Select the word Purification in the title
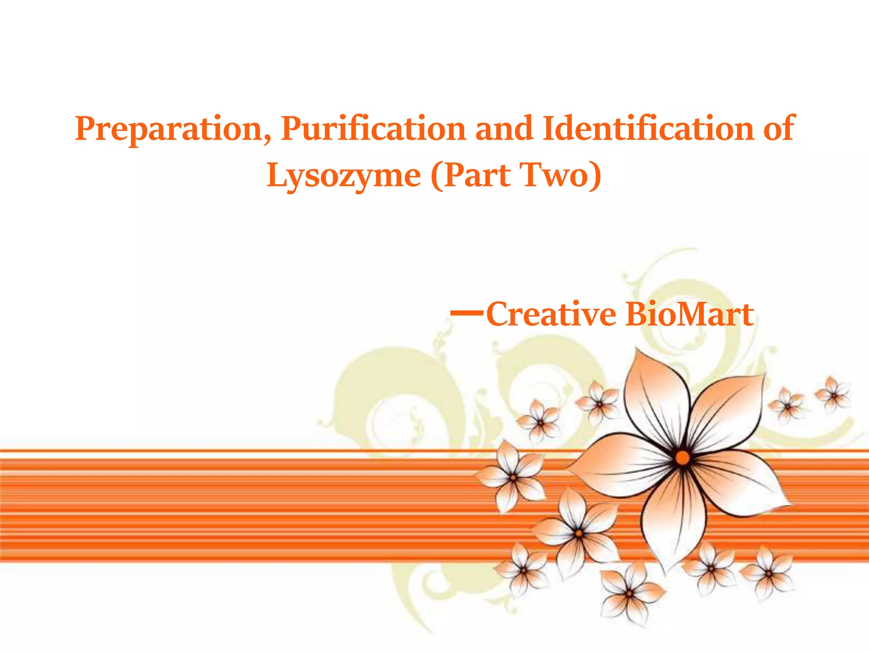point(373,129)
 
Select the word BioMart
point(690,315)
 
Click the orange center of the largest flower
point(682,458)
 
